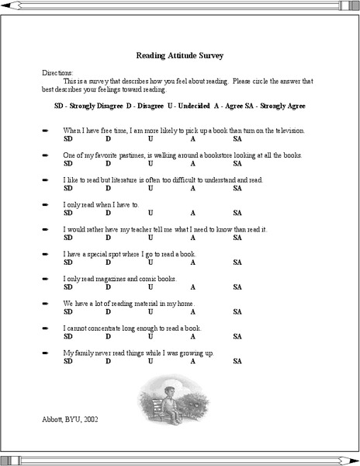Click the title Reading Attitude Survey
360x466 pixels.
(179, 55)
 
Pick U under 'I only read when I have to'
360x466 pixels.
(150, 213)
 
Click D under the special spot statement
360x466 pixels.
(108, 263)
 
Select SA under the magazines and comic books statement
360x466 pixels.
(237, 287)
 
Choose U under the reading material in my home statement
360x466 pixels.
(150, 312)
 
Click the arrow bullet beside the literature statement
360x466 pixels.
(46, 179)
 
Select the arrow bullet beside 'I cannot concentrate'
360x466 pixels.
(46, 329)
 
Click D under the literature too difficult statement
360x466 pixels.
(108, 188)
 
